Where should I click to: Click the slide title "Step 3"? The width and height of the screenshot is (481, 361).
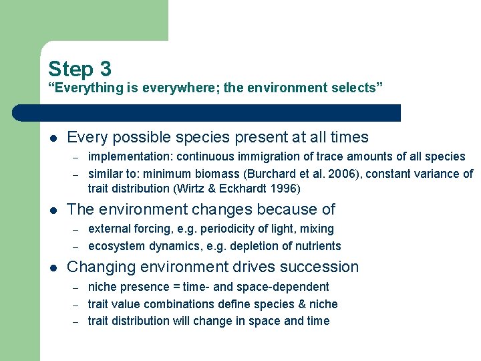click(79, 69)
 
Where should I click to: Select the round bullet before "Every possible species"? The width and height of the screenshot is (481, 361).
click(53, 138)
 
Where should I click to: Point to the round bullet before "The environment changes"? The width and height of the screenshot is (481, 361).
click(53, 211)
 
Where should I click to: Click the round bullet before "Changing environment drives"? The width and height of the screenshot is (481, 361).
click(53, 268)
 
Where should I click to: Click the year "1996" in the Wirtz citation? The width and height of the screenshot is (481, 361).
click(287, 189)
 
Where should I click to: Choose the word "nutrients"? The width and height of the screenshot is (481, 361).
click(317, 246)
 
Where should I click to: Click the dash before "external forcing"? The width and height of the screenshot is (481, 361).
click(76, 229)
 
